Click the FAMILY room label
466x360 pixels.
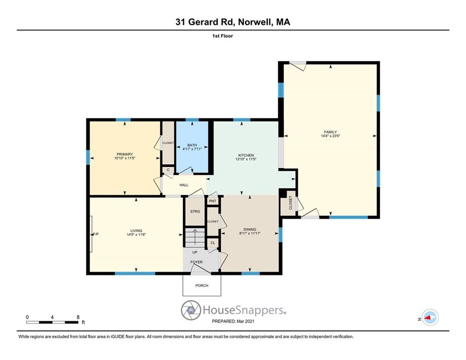click(x=330, y=132)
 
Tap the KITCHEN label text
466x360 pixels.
click(x=246, y=155)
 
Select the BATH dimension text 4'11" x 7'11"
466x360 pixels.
click(x=192, y=149)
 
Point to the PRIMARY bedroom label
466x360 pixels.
click(x=125, y=154)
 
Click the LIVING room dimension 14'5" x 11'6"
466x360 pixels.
click(x=136, y=234)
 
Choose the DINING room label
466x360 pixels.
click(x=249, y=230)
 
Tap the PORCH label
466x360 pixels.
click(x=202, y=285)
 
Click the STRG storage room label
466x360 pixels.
click(x=195, y=211)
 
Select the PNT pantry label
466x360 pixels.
click(x=212, y=201)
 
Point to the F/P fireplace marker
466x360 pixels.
click(x=96, y=234)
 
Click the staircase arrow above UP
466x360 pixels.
click(x=195, y=237)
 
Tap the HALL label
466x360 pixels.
click(x=184, y=185)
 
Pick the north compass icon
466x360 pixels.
click(x=430, y=317)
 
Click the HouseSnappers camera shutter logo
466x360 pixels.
click(x=191, y=310)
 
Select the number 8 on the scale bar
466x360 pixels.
click(x=78, y=317)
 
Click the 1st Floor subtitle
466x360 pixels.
click(x=223, y=36)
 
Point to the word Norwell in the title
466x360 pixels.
click(x=256, y=22)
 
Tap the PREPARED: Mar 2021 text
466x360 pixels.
click(x=233, y=321)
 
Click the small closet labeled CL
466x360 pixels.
click(x=212, y=243)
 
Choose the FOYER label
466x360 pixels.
click(x=196, y=262)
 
